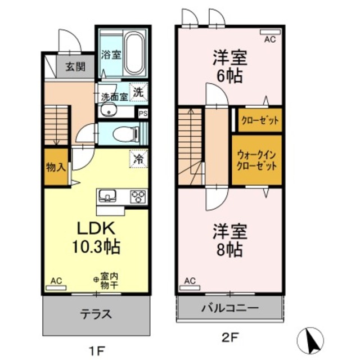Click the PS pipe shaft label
click(x=143, y=112)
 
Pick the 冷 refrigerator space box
click(x=138, y=159)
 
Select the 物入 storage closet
click(x=56, y=167)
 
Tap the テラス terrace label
click(x=97, y=313)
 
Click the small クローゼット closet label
click(x=257, y=120)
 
